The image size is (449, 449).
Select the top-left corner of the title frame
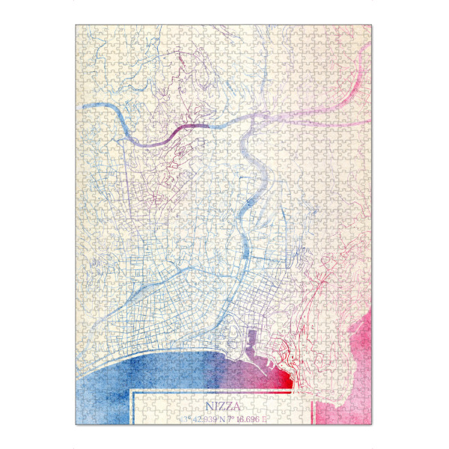pos(132,390)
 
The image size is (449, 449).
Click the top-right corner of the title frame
pos(313,390)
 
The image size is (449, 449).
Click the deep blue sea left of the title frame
pos(105,389)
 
